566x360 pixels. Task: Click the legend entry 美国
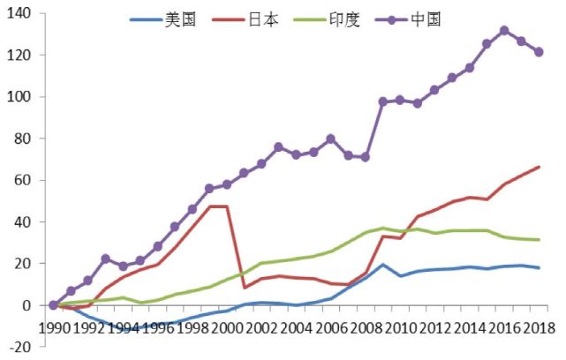click(x=180, y=19)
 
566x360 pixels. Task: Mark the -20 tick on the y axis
click(x=19, y=347)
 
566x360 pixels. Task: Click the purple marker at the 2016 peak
click(x=504, y=31)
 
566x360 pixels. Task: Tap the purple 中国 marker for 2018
click(x=539, y=52)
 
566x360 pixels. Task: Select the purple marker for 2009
click(x=383, y=101)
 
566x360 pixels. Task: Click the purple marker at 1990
click(x=54, y=305)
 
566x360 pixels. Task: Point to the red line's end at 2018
click(x=539, y=167)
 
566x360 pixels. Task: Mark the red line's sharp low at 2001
click(x=245, y=288)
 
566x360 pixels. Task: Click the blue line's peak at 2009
click(x=383, y=265)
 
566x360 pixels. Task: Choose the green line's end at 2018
click(x=539, y=240)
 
